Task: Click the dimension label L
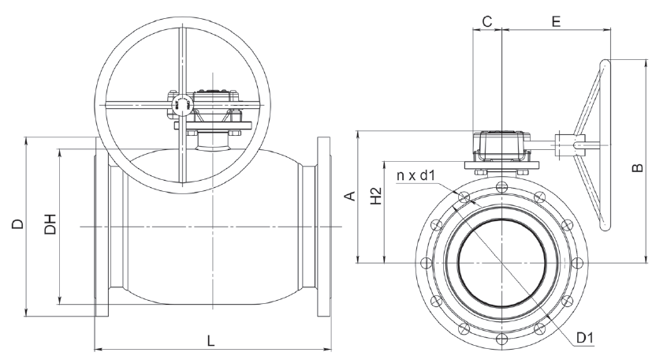click(x=211, y=340)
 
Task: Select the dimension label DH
click(x=50, y=224)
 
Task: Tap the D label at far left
click(x=18, y=224)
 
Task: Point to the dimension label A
click(x=350, y=196)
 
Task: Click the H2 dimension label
click(x=376, y=196)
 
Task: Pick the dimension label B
click(x=638, y=168)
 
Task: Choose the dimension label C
click(x=487, y=21)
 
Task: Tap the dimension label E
click(x=556, y=21)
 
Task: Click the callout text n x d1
click(x=415, y=175)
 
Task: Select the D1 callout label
click(x=585, y=338)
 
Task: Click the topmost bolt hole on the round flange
click(x=502, y=186)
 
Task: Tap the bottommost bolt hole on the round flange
click(x=502, y=339)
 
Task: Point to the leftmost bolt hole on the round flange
click(x=426, y=263)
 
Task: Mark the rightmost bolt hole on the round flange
click(x=578, y=263)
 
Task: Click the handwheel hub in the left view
click(x=183, y=104)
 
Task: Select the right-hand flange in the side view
click(x=324, y=227)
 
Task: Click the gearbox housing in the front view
click(x=502, y=146)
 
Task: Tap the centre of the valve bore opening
click(x=502, y=263)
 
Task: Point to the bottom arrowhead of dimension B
click(x=647, y=260)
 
